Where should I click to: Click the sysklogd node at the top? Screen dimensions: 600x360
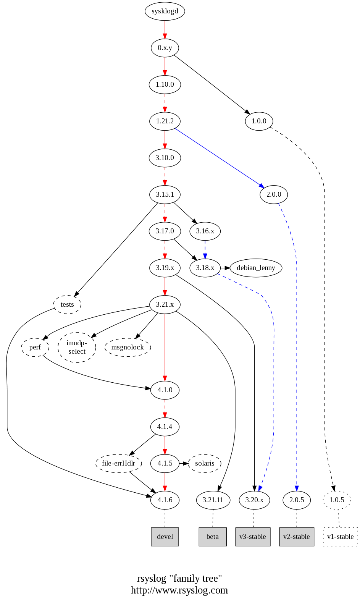[x=165, y=11]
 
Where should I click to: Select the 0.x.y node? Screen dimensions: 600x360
[x=165, y=48]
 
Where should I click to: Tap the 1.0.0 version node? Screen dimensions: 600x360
[x=259, y=121]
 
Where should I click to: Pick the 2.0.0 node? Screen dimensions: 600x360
[x=274, y=194]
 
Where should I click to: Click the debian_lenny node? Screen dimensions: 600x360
[x=256, y=268]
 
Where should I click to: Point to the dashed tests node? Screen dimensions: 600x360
[x=67, y=304]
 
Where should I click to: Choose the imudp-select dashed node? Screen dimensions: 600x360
[x=77, y=347]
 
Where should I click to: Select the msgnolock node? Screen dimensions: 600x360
[x=128, y=347]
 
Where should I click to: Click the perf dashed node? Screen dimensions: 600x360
[x=35, y=347]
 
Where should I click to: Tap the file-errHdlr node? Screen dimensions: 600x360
[x=118, y=463]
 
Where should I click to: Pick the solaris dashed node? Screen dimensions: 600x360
[x=205, y=463]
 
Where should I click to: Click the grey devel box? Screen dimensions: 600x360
[x=165, y=537]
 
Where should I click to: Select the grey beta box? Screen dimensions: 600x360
[x=213, y=537]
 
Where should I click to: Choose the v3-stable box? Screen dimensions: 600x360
[x=253, y=537]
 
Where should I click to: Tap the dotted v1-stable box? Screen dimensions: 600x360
[x=341, y=537]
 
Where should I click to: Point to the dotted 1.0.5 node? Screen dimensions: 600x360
[x=337, y=500]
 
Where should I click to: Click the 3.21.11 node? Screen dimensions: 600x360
[x=213, y=500]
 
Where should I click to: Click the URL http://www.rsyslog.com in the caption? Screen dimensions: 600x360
[x=179, y=590]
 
